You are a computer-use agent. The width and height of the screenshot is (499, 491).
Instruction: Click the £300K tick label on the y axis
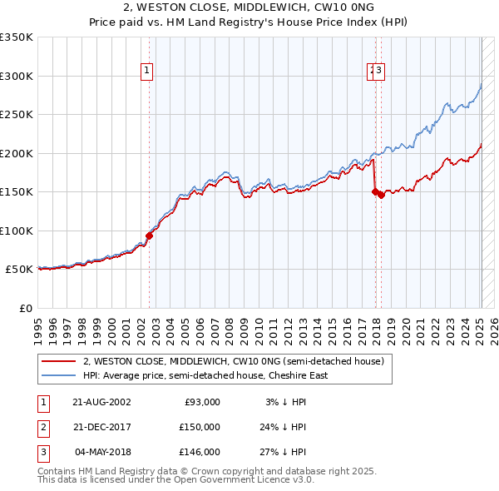[16, 76]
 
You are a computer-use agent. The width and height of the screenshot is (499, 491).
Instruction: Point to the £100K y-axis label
[16, 231]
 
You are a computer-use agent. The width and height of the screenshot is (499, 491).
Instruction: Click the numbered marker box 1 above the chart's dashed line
[146, 72]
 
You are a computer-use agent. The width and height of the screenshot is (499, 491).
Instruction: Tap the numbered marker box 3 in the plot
[378, 72]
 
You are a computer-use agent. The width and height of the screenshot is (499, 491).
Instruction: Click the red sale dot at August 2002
[150, 236]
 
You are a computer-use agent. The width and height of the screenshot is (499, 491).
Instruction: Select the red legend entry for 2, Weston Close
[233, 362]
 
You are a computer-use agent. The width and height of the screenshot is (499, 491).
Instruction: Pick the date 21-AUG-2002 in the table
[102, 402]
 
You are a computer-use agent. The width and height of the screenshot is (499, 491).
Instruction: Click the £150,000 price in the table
[200, 427]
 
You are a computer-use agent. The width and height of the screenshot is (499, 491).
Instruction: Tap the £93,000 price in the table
[202, 402]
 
